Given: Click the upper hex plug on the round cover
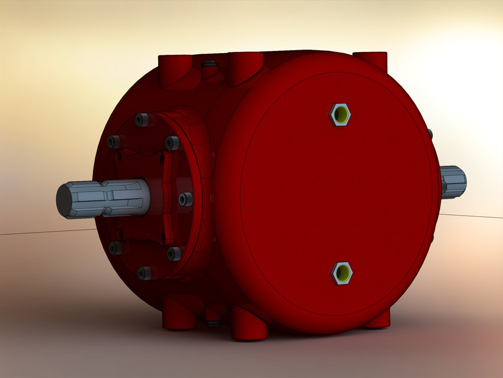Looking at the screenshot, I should click(340, 113).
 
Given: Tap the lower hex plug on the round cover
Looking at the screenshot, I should click(341, 272).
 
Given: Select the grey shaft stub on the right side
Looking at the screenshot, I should click(453, 181).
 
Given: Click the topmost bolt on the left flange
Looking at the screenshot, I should click(142, 120).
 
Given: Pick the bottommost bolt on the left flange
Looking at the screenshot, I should click(143, 273).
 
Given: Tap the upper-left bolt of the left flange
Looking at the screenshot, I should click(115, 142).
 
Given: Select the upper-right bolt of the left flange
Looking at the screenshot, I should click(172, 143).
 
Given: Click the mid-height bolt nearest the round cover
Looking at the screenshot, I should click(185, 199).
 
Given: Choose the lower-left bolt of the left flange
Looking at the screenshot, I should click(116, 247).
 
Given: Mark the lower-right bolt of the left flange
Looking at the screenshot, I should click(174, 253).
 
